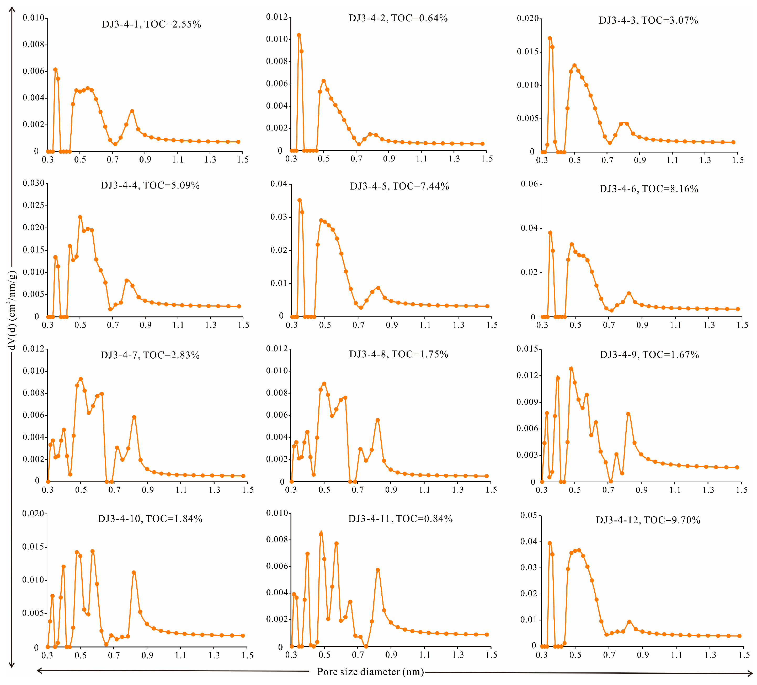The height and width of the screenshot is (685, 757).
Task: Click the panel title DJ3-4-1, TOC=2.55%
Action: coord(151,24)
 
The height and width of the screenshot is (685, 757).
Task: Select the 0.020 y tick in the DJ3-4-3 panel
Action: coord(527,18)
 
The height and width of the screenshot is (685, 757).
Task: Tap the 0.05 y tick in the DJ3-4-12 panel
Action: coord(528,515)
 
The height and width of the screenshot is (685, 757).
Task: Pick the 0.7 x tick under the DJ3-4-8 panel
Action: coord(358,490)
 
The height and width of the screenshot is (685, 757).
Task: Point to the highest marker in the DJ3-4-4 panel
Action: coord(80,217)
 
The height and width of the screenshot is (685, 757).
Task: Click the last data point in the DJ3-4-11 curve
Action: coord(487,635)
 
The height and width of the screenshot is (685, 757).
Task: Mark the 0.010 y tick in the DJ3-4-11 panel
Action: coord(277,513)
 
